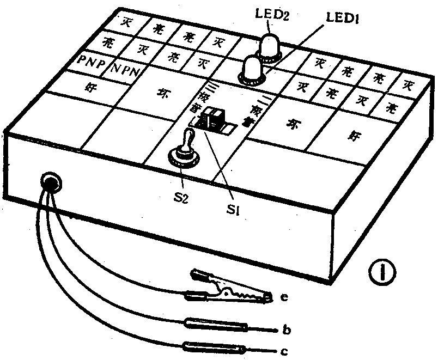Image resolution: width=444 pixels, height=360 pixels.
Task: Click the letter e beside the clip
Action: click(284, 297)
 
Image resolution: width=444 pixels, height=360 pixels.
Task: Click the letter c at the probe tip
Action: click(284, 351)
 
